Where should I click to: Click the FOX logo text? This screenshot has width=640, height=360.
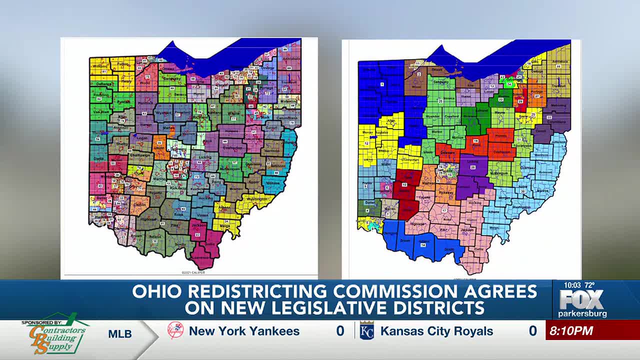tap(581, 299)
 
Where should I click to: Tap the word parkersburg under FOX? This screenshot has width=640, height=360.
tap(582, 314)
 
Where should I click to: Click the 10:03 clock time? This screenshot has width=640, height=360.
tap(572, 285)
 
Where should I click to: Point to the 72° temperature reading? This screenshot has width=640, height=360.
tap(590, 285)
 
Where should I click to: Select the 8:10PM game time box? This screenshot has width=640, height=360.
tap(571, 331)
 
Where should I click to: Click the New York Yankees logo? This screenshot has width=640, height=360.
tap(175, 330)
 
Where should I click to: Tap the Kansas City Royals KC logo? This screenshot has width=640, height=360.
tap(366, 331)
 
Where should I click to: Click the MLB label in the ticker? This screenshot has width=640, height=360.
tap(120, 334)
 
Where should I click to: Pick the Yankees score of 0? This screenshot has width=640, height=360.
tap(340, 331)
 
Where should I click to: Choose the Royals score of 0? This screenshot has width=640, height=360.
tap(533, 331)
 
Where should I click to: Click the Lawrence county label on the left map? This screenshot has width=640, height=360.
tap(200, 257)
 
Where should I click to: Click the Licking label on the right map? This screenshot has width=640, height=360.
tap(472, 161)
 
